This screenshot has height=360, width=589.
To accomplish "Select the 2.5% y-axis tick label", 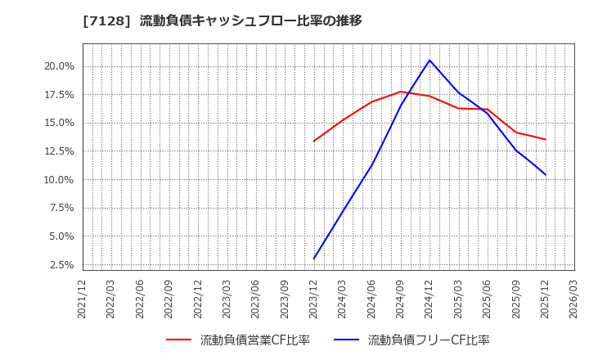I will click(61, 265).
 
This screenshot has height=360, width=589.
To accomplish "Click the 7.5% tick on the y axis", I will click(61, 208).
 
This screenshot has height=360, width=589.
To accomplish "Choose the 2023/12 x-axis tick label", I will click(313, 299).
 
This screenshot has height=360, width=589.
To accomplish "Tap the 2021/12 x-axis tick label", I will click(83, 299).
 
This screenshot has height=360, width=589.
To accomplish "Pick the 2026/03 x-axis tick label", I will click(574, 299).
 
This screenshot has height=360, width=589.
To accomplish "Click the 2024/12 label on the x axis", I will click(429, 299).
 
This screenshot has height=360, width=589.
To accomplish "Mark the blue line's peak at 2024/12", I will click(429, 60).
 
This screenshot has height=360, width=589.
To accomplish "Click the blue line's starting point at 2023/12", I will click(313, 259).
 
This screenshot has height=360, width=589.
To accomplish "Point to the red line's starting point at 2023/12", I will click(313, 141).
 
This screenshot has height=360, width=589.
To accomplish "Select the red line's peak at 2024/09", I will click(401, 92).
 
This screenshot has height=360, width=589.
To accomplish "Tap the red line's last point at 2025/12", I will click(545, 139).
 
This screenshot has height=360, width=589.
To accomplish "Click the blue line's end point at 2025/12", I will click(545, 174).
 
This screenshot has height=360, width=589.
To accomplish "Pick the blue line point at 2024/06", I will click(371, 165).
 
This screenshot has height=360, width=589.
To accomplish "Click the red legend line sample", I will click(178, 340).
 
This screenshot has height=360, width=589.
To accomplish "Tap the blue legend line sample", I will click(346, 340).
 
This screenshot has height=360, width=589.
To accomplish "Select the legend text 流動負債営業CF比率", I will click(255, 340).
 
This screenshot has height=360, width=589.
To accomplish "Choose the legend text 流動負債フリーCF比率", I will click(429, 340).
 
